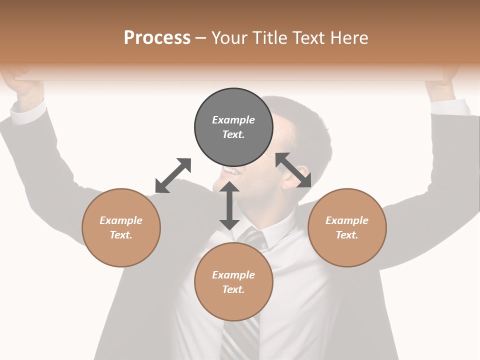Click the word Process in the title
157,37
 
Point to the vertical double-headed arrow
229,205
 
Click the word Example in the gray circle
233,120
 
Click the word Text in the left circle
121,235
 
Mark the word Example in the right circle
347,220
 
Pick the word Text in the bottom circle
233,289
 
